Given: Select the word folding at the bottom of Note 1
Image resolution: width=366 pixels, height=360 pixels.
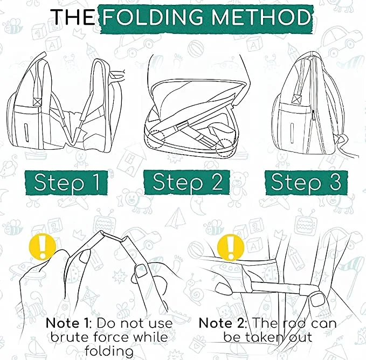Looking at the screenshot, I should [109, 351].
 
